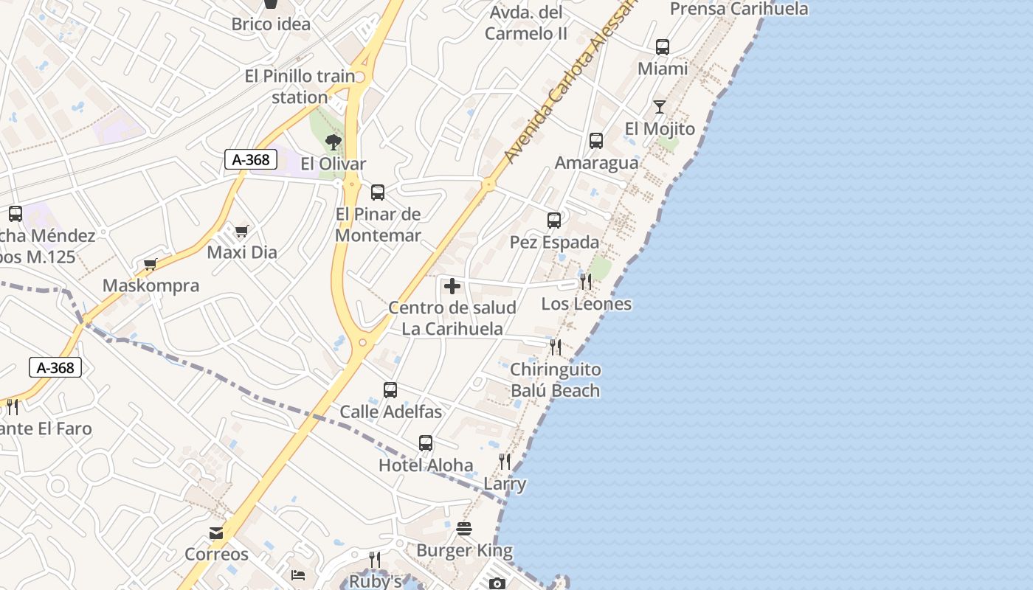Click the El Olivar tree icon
334,142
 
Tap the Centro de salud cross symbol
452,286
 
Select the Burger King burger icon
464,528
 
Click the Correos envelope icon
216,532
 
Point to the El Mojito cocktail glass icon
659,107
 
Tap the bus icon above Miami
663,47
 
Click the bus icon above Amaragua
596,141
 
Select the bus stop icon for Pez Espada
554,221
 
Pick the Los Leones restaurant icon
586,281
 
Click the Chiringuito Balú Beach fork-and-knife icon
556,347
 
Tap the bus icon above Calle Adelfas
390,390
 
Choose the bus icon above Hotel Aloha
426,443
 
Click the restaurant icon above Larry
505,462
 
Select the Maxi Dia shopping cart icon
241,232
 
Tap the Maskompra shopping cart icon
151,264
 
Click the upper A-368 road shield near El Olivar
250,159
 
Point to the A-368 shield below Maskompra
55,367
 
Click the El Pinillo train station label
300,86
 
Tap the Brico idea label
271,24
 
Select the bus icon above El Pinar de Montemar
378,192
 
